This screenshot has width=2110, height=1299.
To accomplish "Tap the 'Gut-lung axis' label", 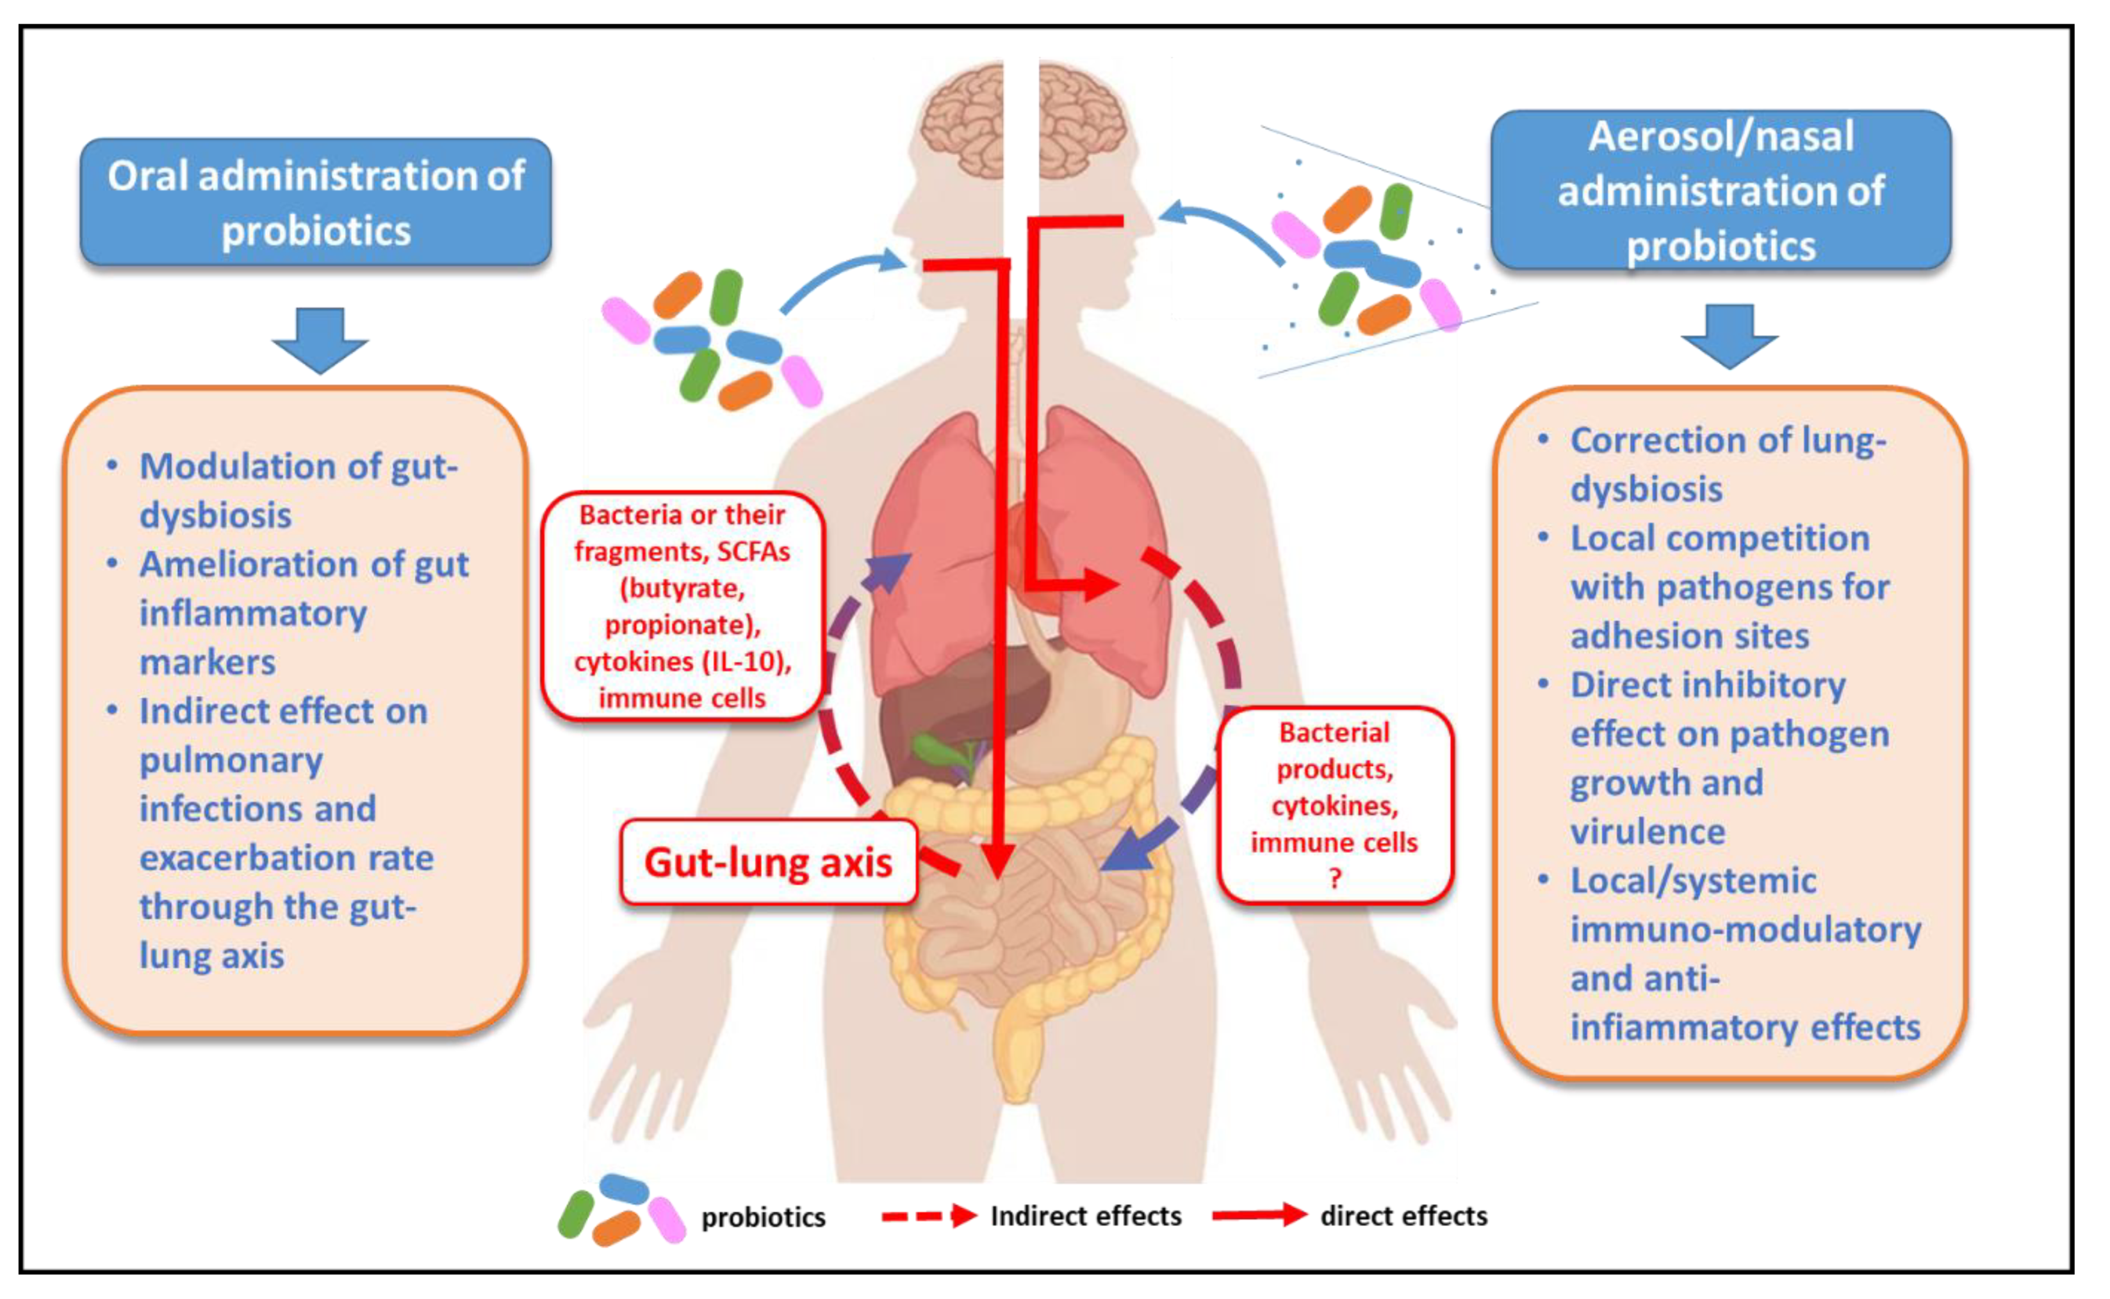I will [x=767, y=862].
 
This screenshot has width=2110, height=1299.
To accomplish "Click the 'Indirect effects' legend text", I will [x=1086, y=1216].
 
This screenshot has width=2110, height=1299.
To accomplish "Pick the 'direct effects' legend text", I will [x=1403, y=1216].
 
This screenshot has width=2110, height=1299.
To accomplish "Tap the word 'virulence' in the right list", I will [x=1647, y=832].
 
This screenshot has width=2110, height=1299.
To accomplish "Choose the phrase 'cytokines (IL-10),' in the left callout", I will [x=682, y=661].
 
